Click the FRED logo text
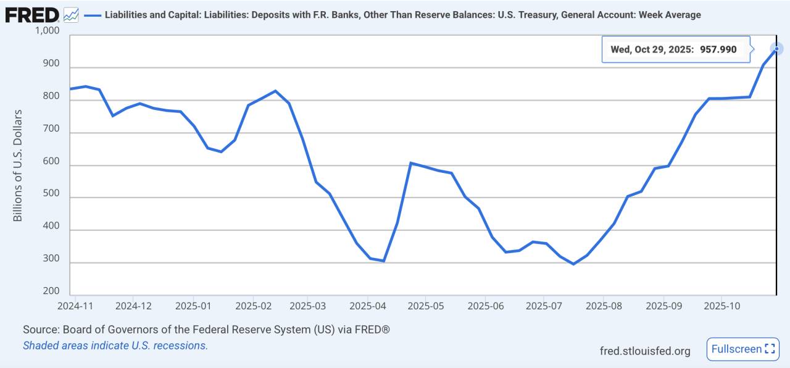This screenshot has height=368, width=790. click(x=32, y=15)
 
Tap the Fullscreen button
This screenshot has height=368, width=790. click(x=742, y=349)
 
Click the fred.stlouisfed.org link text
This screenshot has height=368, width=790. click(x=645, y=351)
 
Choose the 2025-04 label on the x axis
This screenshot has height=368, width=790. click(x=367, y=305)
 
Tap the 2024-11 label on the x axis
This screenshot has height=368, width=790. click(x=75, y=305)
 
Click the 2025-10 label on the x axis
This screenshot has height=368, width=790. click(x=721, y=305)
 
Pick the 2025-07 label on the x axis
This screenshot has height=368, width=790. click(x=544, y=305)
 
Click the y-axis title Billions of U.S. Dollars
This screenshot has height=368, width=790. click(x=18, y=165)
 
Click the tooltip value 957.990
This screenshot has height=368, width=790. click(x=718, y=49)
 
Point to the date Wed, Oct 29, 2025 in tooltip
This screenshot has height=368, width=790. click(x=652, y=49)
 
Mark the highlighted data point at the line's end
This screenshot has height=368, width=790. click(x=776, y=49)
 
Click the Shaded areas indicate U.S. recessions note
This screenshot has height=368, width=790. click(x=115, y=346)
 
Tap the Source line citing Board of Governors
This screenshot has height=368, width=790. click(x=206, y=330)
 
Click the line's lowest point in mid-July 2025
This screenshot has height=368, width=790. click(x=573, y=264)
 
